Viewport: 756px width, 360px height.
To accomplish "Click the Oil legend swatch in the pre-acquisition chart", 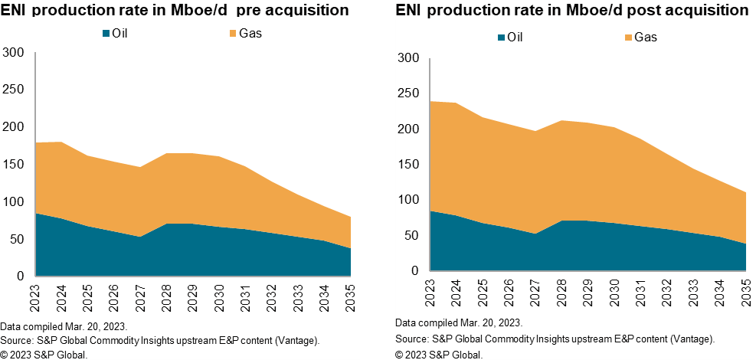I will [x=106, y=33].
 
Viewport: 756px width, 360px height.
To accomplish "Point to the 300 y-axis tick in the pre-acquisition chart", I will [x=15, y=53].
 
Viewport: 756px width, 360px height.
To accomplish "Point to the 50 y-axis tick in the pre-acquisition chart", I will [x=18, y=239].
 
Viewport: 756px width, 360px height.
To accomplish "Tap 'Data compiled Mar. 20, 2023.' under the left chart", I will [x=64, y=326].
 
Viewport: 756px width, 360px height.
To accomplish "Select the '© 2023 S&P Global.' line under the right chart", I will [x=439, y=354].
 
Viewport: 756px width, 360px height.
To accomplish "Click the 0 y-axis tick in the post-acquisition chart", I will [x=415, y=271].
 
